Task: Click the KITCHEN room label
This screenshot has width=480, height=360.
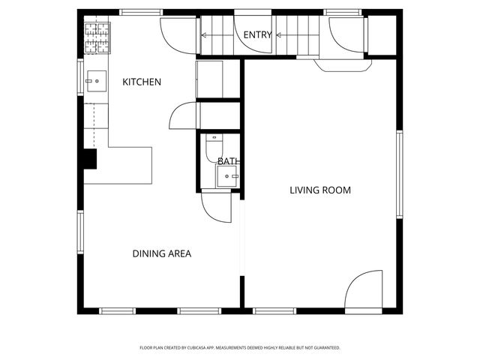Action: [x=142, y=82]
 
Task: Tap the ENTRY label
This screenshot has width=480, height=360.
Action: [x=257, y=35]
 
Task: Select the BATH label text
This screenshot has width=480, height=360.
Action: [x=228, y=161]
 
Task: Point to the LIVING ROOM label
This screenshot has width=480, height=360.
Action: [x=320, y=190]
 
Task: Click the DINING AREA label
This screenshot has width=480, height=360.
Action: [x=162, y=253]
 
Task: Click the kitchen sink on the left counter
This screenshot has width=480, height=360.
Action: [x=97, y=79]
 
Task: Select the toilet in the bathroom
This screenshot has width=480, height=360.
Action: [x=214, y=145]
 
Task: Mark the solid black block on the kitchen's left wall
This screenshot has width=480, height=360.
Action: [x=90, y=160]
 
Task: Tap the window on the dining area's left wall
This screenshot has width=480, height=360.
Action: [x=79, y=232]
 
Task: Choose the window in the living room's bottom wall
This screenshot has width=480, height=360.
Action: [x=275, y=310]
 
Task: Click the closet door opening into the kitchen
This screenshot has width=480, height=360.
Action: [x=183, y=116]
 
